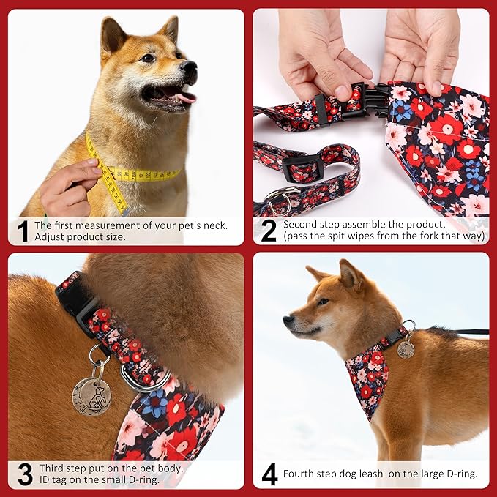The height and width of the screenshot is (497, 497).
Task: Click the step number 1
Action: tap(23, 231)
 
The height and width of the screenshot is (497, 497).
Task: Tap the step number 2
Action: tap(269, 231)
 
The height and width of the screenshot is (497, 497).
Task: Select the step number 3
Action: tap(24, 474)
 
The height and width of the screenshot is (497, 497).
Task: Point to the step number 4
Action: tap(269, 474)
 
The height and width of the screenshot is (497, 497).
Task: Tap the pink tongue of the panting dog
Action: tap(185, 96)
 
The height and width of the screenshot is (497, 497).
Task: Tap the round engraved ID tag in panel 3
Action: tap(91, 396)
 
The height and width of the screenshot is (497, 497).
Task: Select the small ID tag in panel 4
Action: tap(406, 349)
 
